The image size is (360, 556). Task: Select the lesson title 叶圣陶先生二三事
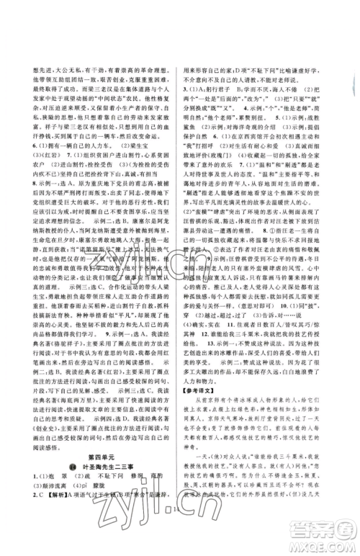[x=102, y=499]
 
